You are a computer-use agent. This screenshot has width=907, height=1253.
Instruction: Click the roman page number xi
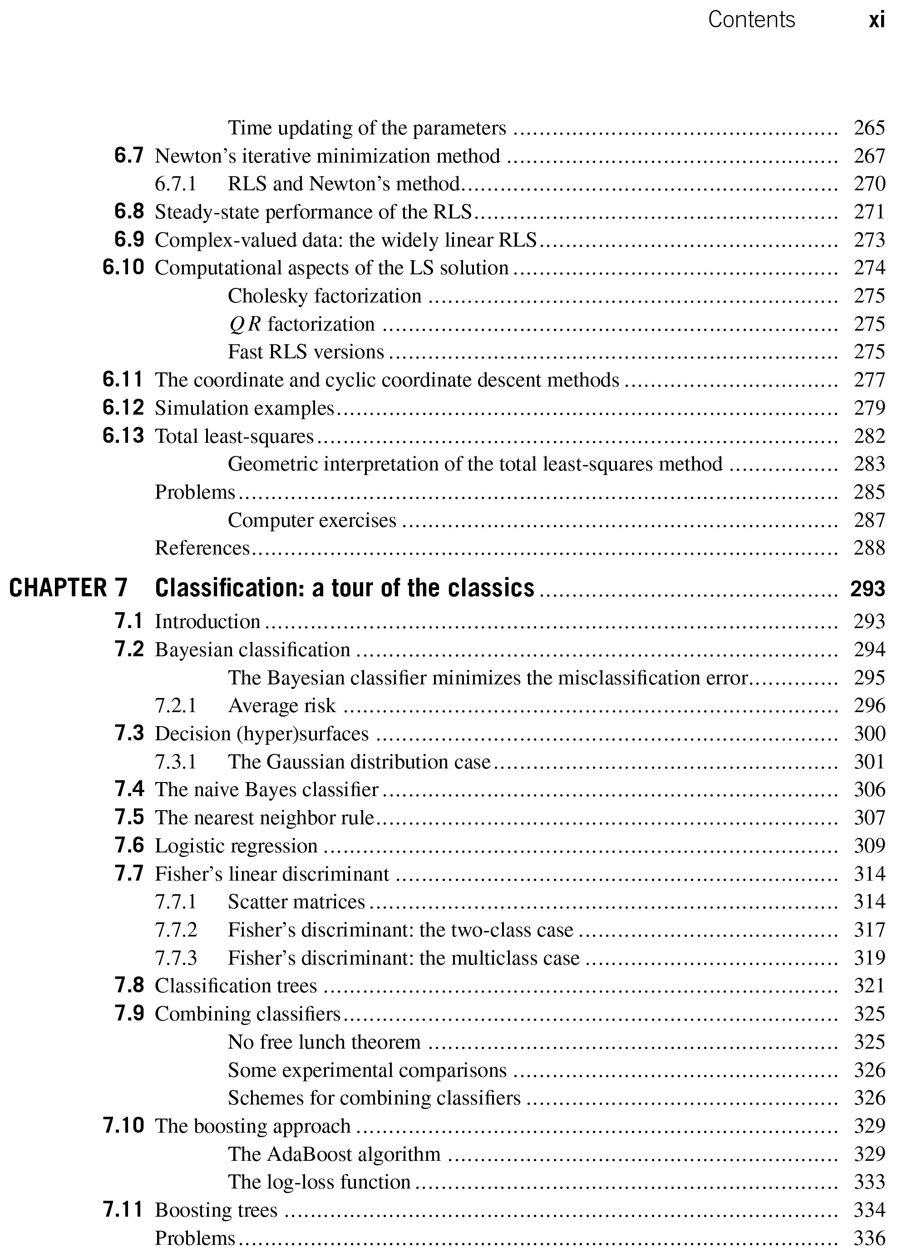click(x=876, y=21)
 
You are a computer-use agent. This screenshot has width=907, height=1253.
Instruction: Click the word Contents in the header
click(x=751, y=20)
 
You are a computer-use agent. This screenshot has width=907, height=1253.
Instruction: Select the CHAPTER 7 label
click(x=69, y=588)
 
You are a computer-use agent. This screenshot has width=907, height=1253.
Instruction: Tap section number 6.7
click(x=129, y=156)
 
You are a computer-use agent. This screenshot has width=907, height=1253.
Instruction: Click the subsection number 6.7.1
click(x=176, y=184)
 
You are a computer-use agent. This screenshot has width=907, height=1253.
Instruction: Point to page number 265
click(x=869, y=128)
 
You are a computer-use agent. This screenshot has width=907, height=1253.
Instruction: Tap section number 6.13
click(x=123, y=436)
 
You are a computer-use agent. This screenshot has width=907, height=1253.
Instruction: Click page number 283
click(x=869, y=464)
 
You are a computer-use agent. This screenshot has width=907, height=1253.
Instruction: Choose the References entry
click(x=202, y=548)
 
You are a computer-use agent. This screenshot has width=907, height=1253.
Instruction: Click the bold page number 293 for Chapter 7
click(x=867, y=589)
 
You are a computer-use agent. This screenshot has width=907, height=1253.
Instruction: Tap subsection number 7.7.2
click(x=176, y=930)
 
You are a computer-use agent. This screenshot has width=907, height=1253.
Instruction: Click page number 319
click(x=869, y=958)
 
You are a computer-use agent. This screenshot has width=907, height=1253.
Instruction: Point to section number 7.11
click(x=123, y=1209)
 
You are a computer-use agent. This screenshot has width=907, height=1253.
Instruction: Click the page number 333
click(x=869, y=1182)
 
